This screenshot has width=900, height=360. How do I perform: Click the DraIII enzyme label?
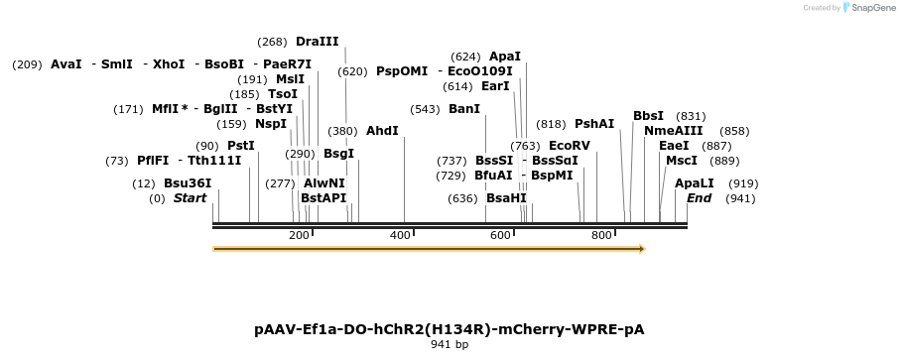coord(317,42)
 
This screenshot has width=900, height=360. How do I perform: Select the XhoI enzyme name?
coord(169,64)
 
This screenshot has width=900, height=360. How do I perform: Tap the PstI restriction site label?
coord(241,146)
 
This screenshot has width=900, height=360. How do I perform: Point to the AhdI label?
coord(382,131)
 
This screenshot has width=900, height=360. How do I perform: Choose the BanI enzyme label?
coord(464,109)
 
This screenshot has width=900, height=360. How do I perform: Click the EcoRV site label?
coord(570,146)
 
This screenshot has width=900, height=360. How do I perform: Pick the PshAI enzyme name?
coord(594,124)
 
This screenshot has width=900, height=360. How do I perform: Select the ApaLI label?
coord(694,183)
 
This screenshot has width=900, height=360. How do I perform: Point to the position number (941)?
coord(740,199)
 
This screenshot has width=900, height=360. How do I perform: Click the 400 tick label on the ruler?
coord(400,235)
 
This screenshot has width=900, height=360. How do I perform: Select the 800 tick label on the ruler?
coord(601,235)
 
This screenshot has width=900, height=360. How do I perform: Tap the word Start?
coord(190,198)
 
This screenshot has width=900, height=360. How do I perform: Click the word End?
coord(700,198)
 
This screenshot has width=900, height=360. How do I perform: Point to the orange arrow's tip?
coord(646,249)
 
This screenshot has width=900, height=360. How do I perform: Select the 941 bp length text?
coord(450,344)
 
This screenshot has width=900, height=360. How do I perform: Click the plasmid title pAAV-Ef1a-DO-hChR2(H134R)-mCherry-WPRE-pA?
coord(450,329)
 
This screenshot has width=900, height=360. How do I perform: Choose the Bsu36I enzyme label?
coord(188,183)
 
